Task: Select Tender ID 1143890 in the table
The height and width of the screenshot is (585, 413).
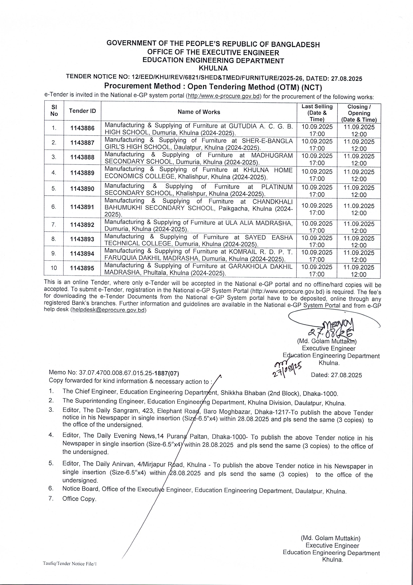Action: tap(82, 189)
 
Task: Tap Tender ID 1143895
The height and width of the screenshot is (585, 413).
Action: tap(82, 268)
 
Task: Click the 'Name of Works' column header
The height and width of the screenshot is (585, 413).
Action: tap(199, 112)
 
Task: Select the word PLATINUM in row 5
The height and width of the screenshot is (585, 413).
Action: tap(277, 187)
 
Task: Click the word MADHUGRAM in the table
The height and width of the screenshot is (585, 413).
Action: tap(272, 155)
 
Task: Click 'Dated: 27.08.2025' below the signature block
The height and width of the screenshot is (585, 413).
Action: tap(336, 375)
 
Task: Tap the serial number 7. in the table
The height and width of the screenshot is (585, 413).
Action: tap(54, 224)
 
